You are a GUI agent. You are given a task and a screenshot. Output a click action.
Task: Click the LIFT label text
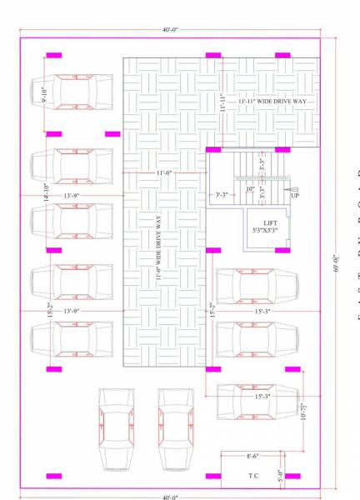tap(270, 223)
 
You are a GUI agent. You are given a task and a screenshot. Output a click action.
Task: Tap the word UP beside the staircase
tap(295, 195)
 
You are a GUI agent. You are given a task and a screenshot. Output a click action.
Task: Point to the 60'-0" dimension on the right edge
tap(337, 263)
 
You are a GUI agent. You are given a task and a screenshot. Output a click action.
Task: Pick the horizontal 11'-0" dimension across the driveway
tap(163, 172)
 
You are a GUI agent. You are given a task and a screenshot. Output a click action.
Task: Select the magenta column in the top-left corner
tap(53, 55)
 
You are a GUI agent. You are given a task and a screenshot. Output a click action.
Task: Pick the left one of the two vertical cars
tap(117, 429)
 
